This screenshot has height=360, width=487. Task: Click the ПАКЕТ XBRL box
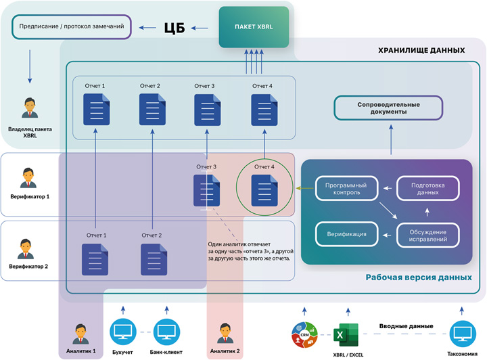[254, 28]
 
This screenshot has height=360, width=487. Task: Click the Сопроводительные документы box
[388, 108]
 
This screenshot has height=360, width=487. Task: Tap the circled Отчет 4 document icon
[264, 188]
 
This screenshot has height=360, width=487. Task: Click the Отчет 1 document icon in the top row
[94, 109]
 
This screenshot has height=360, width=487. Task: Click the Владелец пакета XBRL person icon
[29, 108]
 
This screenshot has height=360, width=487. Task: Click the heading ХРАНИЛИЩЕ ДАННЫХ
[420, 50]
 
